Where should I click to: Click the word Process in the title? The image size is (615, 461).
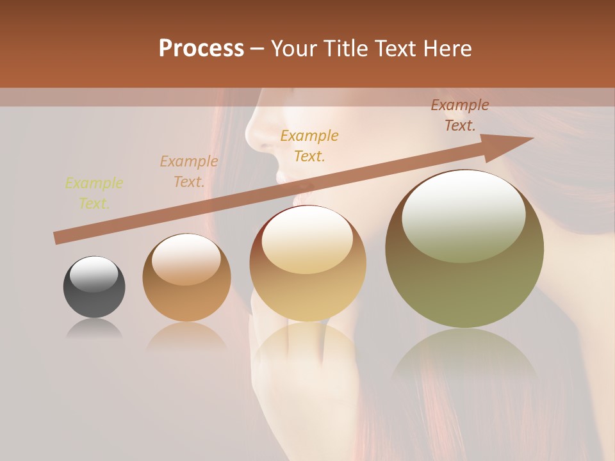point(201,49)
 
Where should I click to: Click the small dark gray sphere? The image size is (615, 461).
point(94,287)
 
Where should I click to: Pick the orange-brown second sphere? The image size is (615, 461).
point(186,278)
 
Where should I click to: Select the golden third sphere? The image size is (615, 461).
point(307,264)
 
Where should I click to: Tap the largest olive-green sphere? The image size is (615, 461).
point(464,248)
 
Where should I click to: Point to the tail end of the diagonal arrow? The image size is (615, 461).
point(56,238)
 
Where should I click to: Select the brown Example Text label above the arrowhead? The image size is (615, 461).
point(460,115)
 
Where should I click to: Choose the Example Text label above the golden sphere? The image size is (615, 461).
point(309,145)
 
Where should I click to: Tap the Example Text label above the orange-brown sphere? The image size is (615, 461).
point(189,172)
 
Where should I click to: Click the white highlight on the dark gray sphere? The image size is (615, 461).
point(94,274)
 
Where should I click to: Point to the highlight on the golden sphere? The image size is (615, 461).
point(307,240)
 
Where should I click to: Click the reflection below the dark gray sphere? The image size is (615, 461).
point(94,329)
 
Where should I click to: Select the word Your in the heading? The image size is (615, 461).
point(294,49)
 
